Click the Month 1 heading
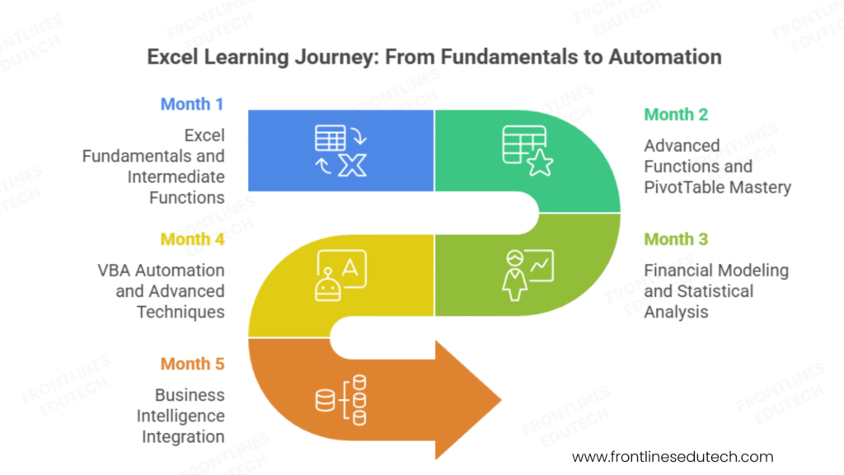coord(191,104)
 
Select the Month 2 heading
coord(676,115)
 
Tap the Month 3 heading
coord(676,239)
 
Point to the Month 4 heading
coord(191,239)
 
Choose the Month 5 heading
coord(191,364)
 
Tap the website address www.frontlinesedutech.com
coord(673,456)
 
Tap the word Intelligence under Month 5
coord(181,416)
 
